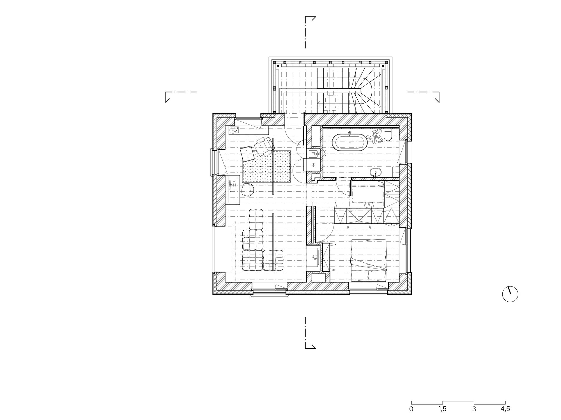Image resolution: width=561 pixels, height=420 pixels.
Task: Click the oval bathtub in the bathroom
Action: point(350,143)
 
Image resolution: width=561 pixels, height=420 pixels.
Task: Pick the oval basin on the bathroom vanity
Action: point(375,171)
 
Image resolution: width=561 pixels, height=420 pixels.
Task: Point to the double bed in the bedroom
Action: point(368,260)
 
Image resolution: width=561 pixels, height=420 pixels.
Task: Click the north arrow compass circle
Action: point(510,294)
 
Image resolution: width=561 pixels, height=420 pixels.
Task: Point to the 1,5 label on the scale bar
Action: point(443,409)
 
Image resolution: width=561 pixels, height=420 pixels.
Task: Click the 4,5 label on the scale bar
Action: point(505,409)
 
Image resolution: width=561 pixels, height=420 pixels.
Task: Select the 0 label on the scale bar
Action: point(411,409)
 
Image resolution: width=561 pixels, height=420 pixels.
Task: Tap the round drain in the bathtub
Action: point(350,143)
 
